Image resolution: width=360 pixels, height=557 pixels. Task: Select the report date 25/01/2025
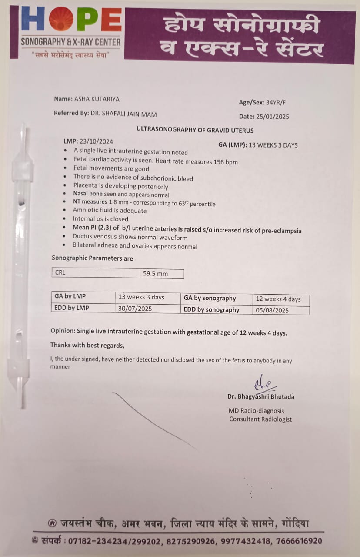(x=273, y=117)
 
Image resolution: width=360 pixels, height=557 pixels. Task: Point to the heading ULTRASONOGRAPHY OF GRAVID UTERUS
(x=195, y=130)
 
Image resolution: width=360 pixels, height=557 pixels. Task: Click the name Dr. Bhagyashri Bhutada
(x=260, y=397)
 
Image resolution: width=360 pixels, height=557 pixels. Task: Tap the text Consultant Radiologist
(x=260, y=419)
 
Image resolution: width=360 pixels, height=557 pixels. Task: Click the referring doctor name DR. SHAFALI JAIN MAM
(x=123, y=114)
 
